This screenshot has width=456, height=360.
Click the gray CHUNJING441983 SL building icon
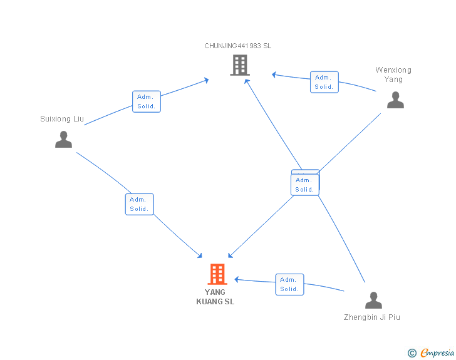pos(240,65)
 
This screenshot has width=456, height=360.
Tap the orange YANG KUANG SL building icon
pos(217,274)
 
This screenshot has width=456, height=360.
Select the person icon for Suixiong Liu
pos(63,139)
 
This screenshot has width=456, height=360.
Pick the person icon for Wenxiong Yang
pos(395,100)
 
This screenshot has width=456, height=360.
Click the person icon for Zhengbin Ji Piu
pos(373,300)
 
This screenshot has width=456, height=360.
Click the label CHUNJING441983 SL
pos(237,46)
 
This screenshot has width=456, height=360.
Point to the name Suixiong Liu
pos(62,118)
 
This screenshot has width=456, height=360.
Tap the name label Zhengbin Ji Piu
pos(371,317)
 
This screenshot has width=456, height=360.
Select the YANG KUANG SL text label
pos(215,297)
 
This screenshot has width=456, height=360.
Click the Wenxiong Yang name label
pos(393,75)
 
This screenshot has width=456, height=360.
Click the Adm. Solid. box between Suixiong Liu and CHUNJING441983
pos(147,101)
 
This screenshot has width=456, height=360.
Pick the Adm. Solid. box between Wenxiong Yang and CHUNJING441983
pos(324,82)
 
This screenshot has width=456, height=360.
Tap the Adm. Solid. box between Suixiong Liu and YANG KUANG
pos(139,204)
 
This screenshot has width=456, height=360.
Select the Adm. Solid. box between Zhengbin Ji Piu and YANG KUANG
pos(289,284)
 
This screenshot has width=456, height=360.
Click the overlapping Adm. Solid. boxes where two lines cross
pos(305,183)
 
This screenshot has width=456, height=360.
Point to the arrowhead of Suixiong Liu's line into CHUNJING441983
pos(207,80)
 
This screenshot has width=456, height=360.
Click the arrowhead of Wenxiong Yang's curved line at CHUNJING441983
pos(274,75)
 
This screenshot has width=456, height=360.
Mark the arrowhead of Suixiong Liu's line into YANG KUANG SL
pos(199,255)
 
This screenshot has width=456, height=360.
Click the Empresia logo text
pos(437,352)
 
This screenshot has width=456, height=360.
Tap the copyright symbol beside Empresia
pos(412,353)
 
